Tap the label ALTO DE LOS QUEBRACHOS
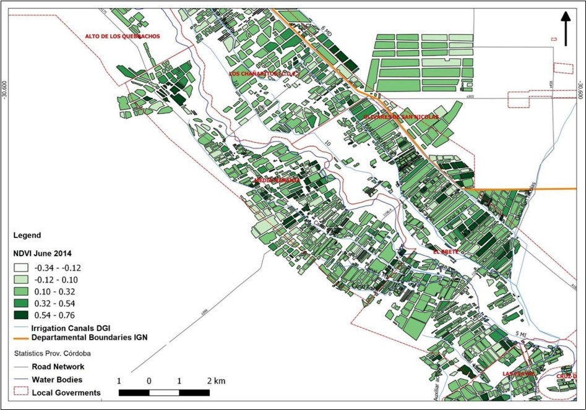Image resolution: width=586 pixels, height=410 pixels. click(123, 36)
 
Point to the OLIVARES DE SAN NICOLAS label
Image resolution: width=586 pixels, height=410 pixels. click(401, 116)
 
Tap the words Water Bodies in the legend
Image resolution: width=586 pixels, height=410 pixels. click(57, 379)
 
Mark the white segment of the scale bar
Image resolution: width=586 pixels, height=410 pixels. click(163, 392)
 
